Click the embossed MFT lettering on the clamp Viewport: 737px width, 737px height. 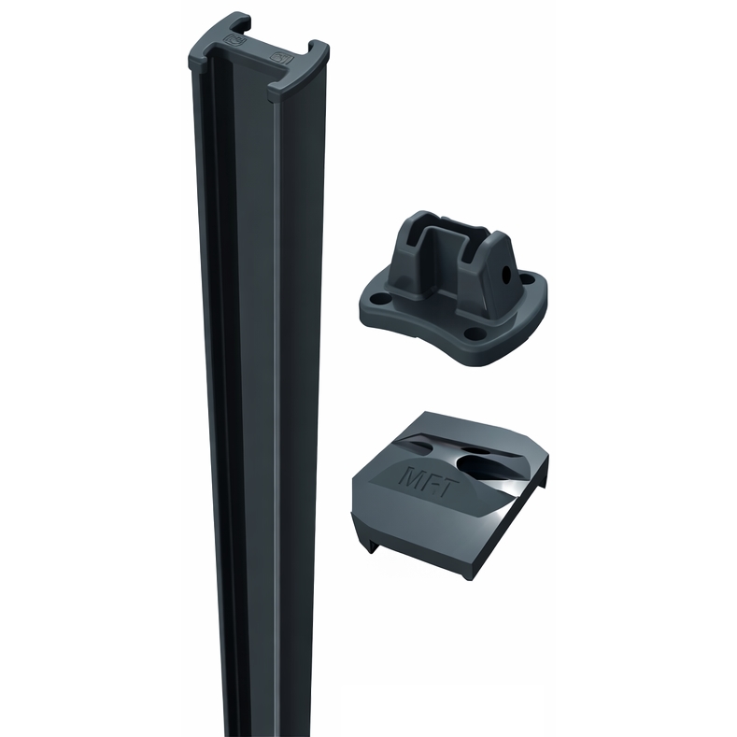425,478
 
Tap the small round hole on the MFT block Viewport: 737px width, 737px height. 478,451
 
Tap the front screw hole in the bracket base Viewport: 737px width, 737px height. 474,333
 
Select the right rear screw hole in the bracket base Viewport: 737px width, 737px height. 529,279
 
